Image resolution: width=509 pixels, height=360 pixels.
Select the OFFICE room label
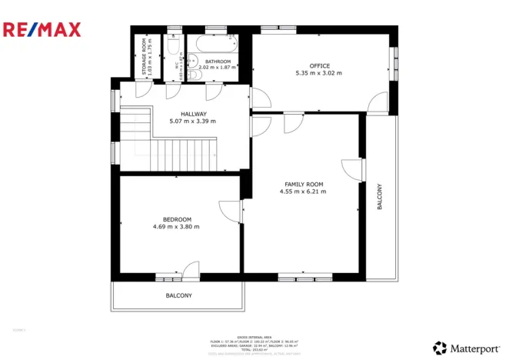(319, 66)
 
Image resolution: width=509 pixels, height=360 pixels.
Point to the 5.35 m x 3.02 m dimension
(318, 74)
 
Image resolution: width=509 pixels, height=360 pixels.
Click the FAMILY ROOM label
(304, 185)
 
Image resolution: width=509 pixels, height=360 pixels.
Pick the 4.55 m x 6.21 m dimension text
(304, 192)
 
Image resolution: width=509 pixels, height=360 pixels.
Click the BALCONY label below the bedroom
(178, 295)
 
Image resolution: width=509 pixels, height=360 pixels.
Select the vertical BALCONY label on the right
(379, 197)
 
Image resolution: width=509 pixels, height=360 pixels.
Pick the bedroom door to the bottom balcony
(190, 270)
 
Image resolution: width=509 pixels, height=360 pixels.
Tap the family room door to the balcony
(352, 169)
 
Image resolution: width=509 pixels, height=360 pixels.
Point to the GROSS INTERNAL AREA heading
(254, 336)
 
